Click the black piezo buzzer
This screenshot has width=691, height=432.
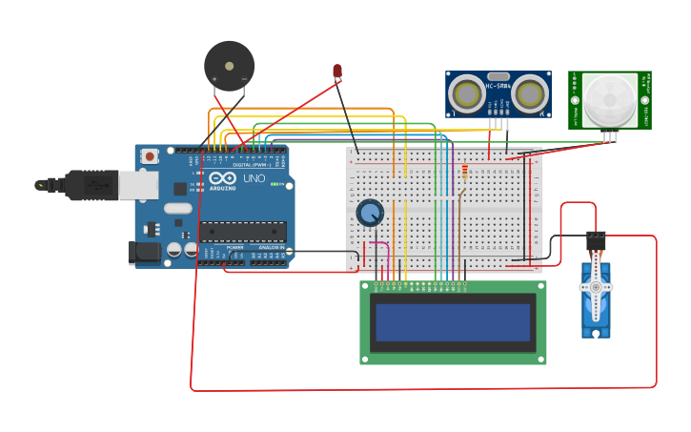[230, 65]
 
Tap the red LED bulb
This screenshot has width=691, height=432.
[337, 71]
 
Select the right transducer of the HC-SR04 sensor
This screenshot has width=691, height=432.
[530, 94]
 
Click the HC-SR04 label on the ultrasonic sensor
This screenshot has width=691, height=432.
[498, 87]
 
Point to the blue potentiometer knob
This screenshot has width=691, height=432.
[370, 213]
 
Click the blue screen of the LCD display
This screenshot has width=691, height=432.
[453, 322]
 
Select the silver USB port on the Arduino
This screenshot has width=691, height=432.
[137, 185]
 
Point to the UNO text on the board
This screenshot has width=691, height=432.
[254, 178]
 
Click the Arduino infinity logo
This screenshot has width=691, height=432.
[222, 178]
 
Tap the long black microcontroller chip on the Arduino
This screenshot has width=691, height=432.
[242, 231]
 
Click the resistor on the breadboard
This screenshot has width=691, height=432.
[465, 172]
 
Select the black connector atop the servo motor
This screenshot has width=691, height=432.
[596, 240]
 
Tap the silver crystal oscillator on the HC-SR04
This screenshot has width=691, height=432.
[498, 76]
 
